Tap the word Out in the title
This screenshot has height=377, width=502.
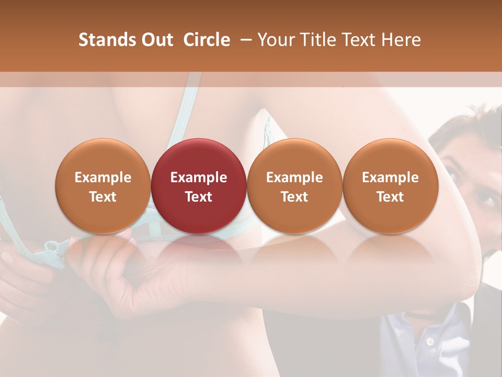coord(156,40)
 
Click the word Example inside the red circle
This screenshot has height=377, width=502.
coord(199,178)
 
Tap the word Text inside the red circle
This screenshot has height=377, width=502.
coord(199,197)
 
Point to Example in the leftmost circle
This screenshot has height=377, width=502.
coord(103,178)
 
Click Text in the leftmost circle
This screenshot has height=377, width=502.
coord(103,197)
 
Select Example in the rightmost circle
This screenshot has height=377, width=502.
coord(390,178)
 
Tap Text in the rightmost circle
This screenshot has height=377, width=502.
coord(390,197)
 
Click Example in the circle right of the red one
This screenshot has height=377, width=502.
coord(294,178)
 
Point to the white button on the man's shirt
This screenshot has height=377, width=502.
coord(430,341)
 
